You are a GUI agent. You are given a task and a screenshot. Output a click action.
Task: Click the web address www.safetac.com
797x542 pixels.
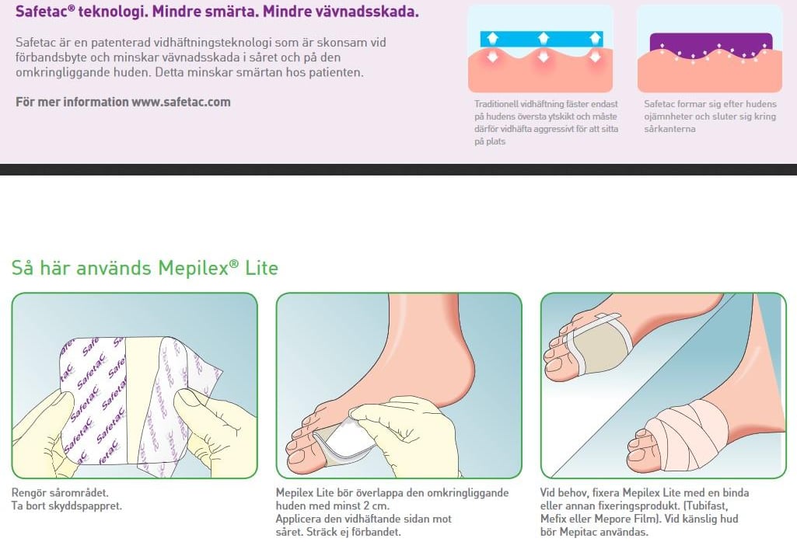(x=181, y=102)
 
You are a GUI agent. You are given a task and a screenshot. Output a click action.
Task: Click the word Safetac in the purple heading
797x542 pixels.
(x=41, y=12)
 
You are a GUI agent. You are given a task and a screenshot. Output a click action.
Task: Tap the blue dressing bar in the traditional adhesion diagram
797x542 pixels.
(x=542, y=39)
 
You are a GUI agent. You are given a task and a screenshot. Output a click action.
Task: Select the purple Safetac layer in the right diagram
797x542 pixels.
(x=711, y=44)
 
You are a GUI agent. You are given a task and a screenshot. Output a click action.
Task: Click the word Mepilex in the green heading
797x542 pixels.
(x=193, y=267)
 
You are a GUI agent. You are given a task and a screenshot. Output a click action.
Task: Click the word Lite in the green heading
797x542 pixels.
(x=262, y=267)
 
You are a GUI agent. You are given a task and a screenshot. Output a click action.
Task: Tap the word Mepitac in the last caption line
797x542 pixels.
(x=579, y=533)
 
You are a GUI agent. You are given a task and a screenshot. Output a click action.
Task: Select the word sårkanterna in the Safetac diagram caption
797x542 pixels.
(x=669, y=129)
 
